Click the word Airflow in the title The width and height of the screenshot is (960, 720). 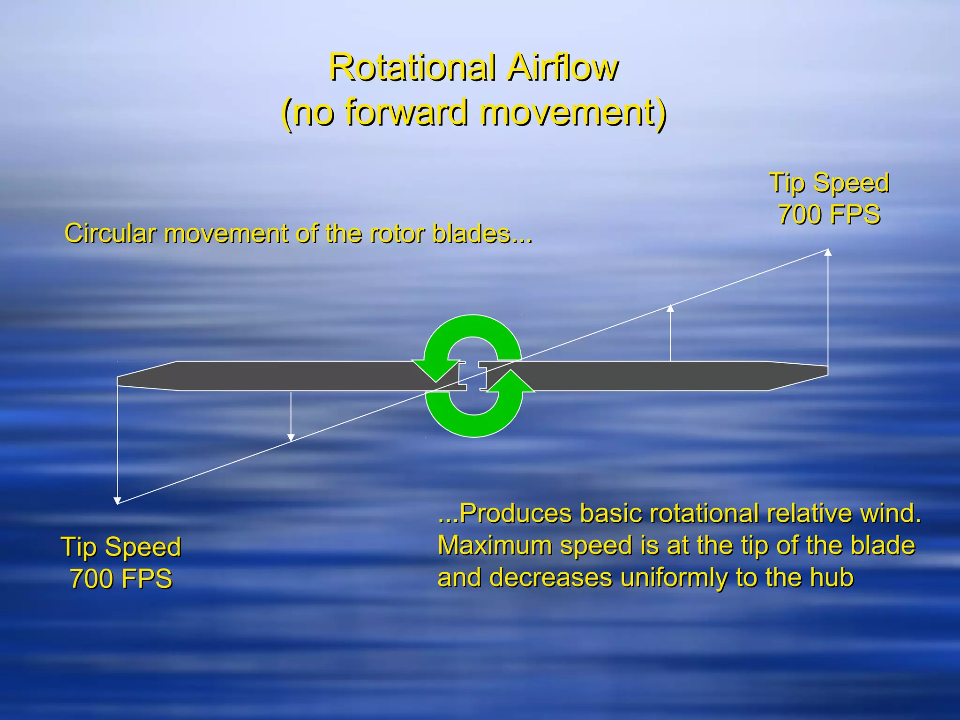[x=562, y=68]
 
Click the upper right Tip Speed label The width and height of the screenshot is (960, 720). [x=829, y=182]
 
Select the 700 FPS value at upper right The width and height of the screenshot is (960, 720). [x=829, y=214]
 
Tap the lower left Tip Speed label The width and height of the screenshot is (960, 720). [x=121, y=547]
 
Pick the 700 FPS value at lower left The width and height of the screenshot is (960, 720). [x=121, y=578]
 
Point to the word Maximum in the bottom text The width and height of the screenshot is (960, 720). [x=490, y=545]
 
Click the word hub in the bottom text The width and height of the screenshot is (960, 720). [x=832, y=577]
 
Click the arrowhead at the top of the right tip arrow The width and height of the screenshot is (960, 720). [x=828, y=252]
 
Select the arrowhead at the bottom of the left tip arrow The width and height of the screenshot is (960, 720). [x=118, y=500]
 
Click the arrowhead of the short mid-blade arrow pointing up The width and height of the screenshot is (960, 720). [x=670, y=308]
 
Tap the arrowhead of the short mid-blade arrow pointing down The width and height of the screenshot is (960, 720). [x=291, y=438]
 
